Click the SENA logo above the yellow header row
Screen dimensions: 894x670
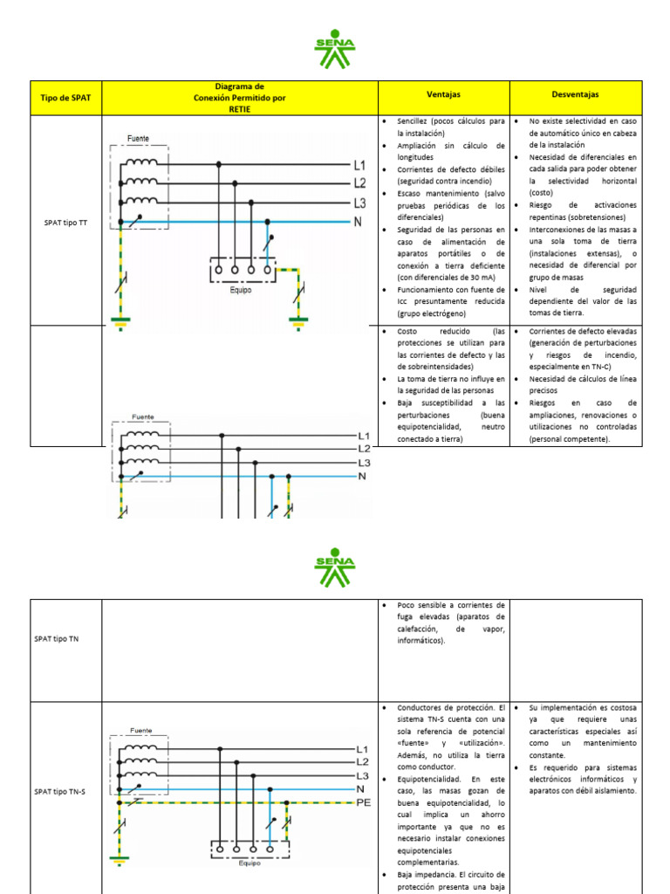(335, 53)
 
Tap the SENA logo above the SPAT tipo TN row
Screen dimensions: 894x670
(335, 568)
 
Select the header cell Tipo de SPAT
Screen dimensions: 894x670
(66, 98)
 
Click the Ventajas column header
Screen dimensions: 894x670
(443, 93)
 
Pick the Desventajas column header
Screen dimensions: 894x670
(575, 93)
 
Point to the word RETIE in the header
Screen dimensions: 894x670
(239, 109)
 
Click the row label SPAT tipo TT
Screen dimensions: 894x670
(65, 223)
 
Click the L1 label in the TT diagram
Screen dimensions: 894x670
(359, 165)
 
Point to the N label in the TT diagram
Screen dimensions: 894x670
(358, 222)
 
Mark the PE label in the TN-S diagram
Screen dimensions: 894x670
(365, 802)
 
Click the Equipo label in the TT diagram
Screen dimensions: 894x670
(242, 290)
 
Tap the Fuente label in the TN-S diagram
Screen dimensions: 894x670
(140, 730)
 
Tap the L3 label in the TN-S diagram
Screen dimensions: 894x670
(364, 775)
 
